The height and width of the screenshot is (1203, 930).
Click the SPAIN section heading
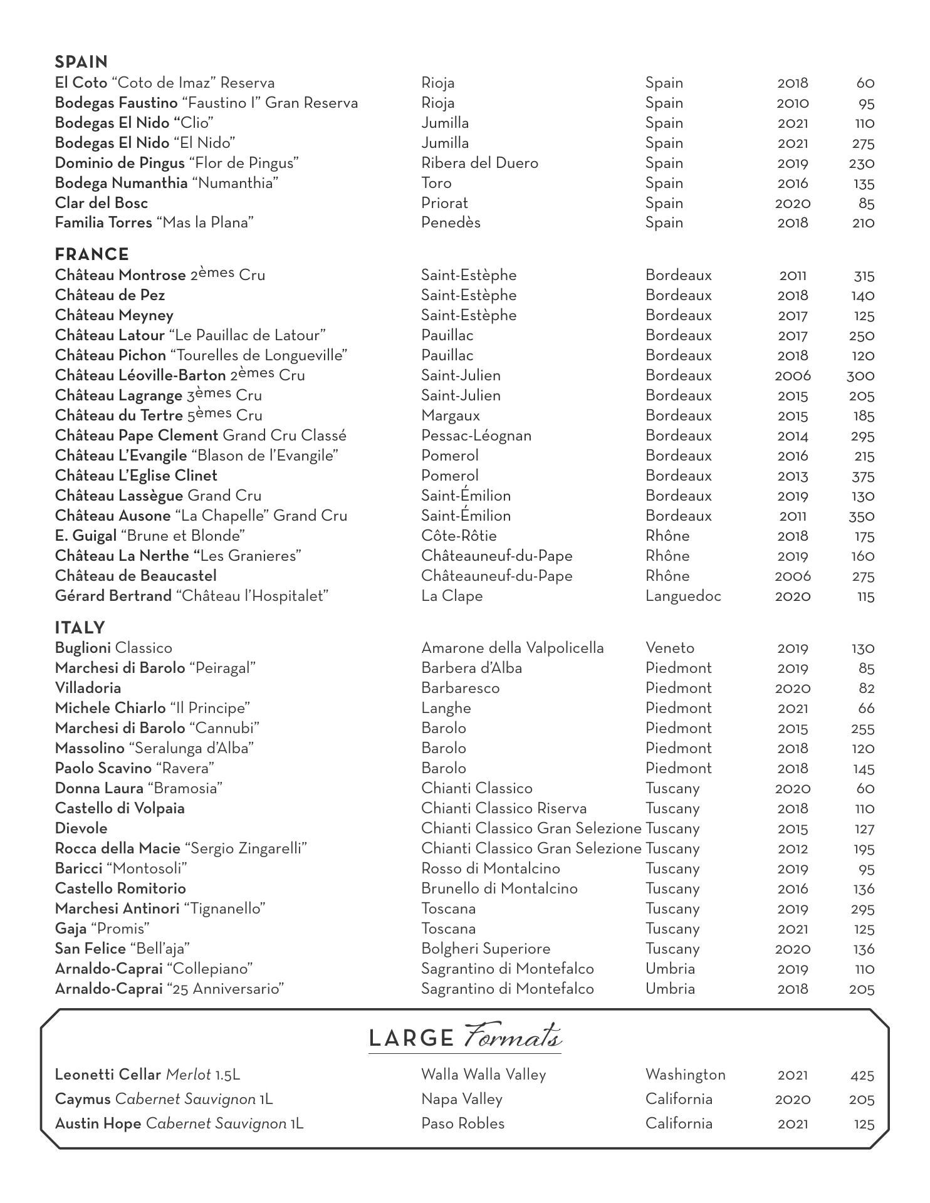coord(81,62)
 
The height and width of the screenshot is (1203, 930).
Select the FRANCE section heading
coord(92,254)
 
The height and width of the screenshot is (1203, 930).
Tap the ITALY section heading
coord(80,628)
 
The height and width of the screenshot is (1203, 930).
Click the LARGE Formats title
coord(464,1037)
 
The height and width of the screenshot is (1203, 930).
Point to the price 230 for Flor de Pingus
coord(861,164)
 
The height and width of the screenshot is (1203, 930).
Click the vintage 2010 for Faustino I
coord(792,103)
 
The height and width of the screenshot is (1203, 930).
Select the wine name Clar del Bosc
coord(102,203)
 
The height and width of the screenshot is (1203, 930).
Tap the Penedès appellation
coord(451,223)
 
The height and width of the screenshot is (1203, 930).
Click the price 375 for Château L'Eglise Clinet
coord(863,476)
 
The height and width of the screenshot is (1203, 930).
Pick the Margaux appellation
coord(451,415)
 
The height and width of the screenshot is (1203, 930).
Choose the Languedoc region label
coord(683,596)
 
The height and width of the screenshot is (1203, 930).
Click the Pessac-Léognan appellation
coord(476,435)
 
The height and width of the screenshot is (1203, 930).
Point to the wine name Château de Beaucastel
coord(136,576)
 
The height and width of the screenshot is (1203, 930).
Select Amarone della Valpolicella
coord(513,648)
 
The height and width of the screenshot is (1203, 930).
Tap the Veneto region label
coord(670,648)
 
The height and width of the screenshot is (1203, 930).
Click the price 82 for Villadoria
coord(866,689)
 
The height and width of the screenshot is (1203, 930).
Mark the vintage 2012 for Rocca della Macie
coord(792,849)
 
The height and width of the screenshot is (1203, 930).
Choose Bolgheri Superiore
coord(486,949)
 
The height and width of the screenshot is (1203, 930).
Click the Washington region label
coord(685,1075)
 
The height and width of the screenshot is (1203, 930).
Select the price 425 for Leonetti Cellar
coord(862,1075)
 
